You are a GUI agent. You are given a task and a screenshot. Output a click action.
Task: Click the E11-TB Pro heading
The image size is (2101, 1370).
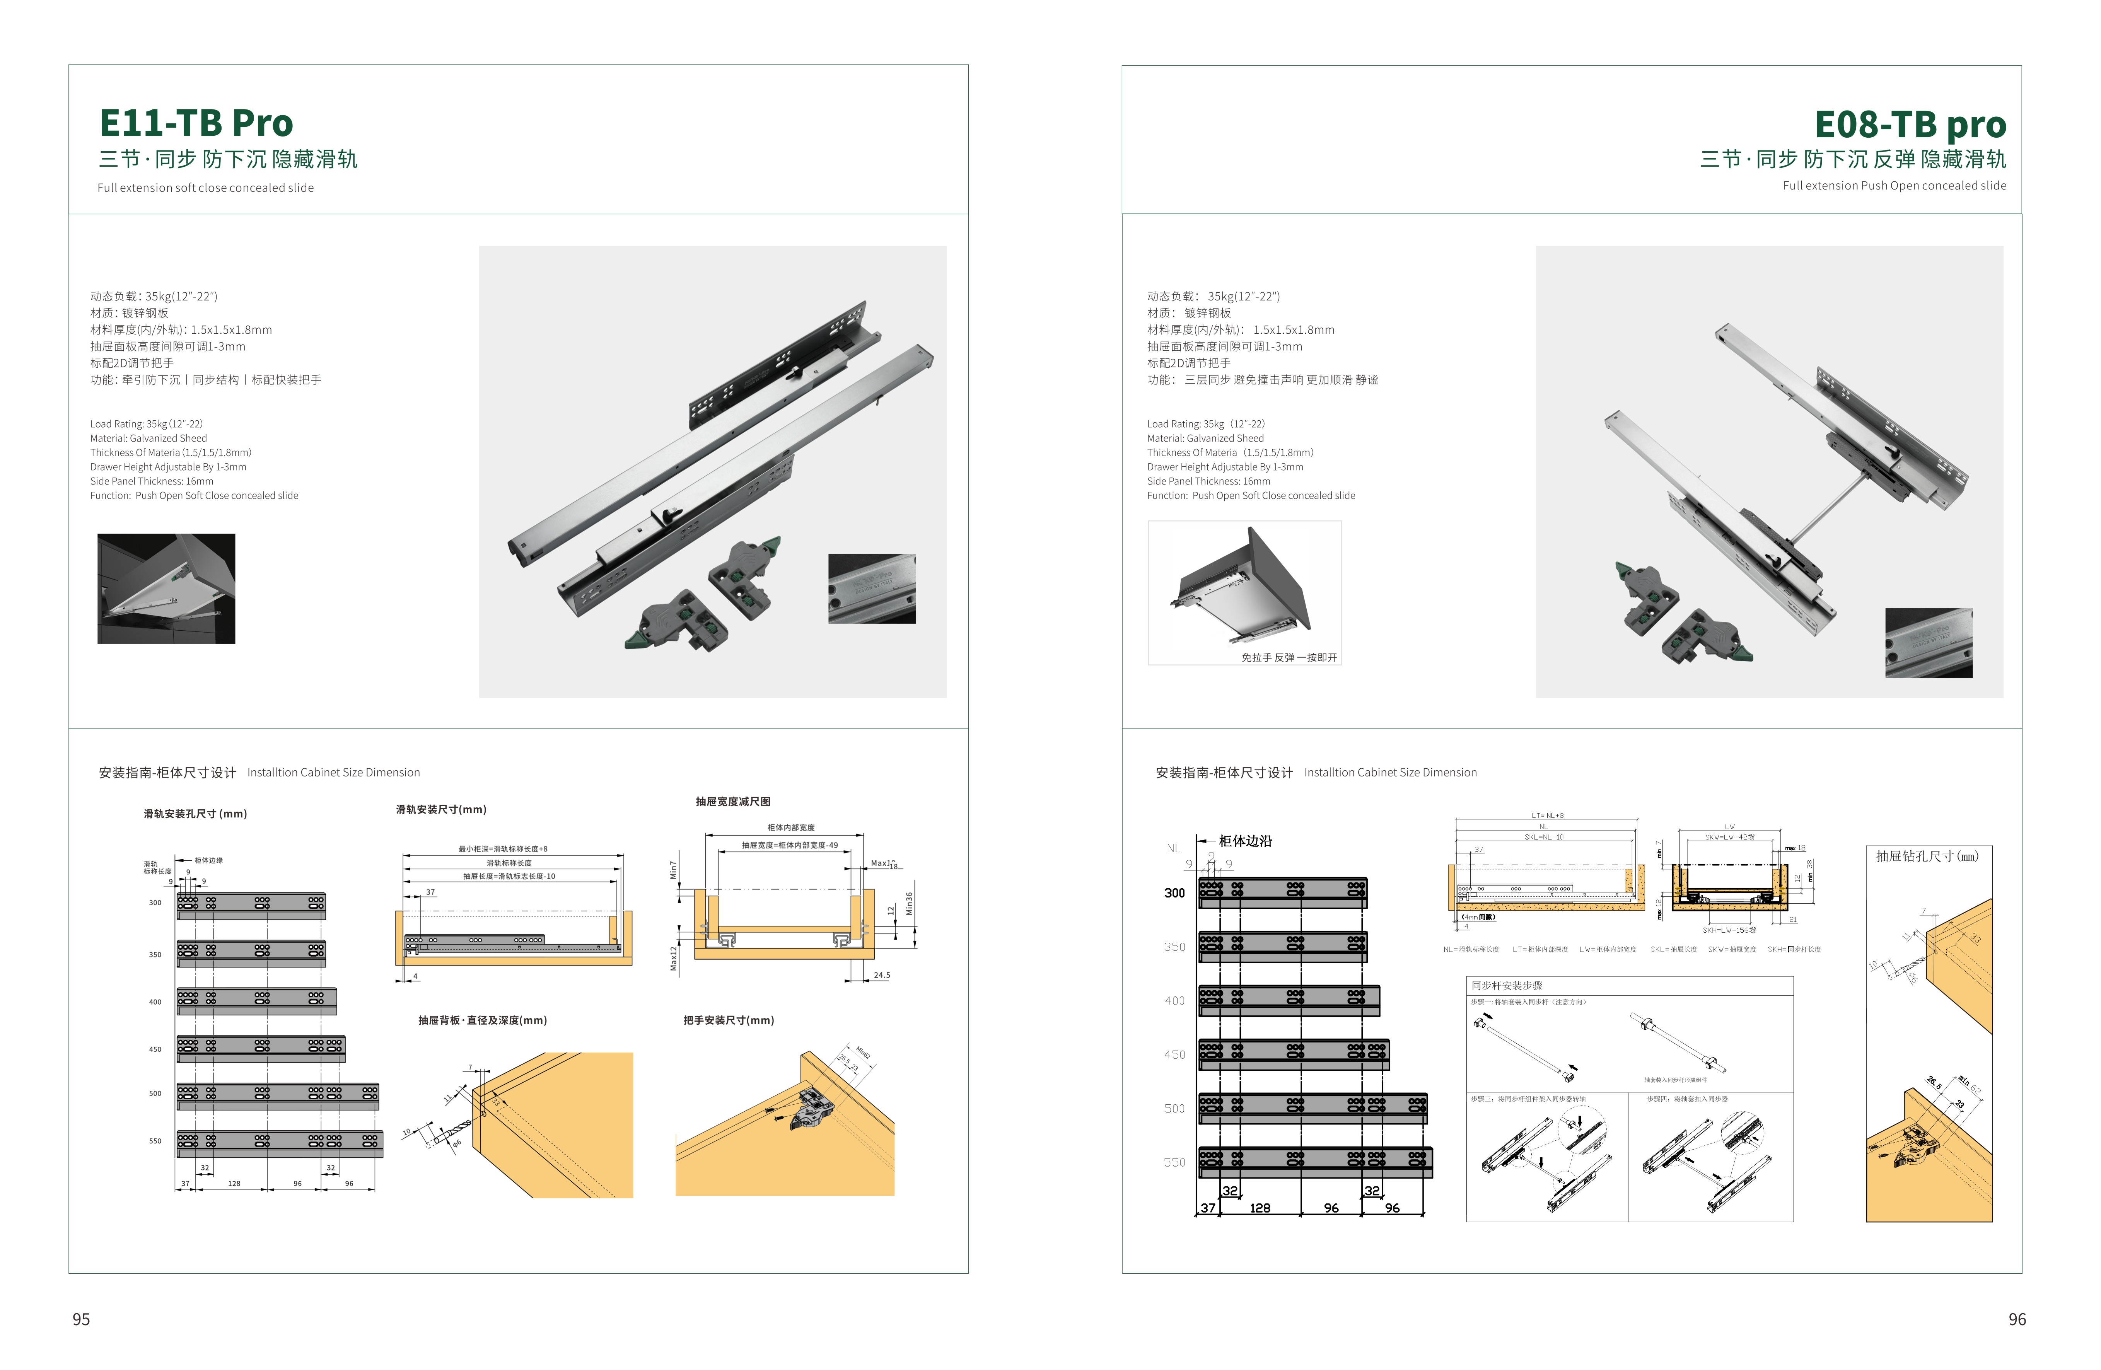tap(196, 124)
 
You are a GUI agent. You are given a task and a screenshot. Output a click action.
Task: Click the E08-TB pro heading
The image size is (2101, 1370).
tap(1910, 125)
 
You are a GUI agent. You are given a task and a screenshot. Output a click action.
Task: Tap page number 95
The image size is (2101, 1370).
tap(81, 1319)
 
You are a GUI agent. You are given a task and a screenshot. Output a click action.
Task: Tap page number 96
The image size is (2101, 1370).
tap(2016, 1319)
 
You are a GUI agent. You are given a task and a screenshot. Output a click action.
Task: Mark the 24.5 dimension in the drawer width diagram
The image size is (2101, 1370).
tap(881, 976)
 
